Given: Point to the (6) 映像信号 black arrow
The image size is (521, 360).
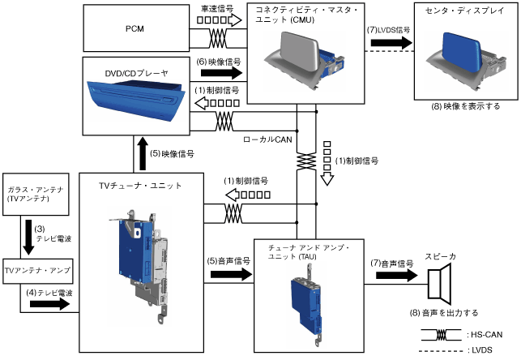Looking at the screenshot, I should [218, 74].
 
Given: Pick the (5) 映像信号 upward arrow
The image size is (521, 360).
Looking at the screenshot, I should [143, 154].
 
